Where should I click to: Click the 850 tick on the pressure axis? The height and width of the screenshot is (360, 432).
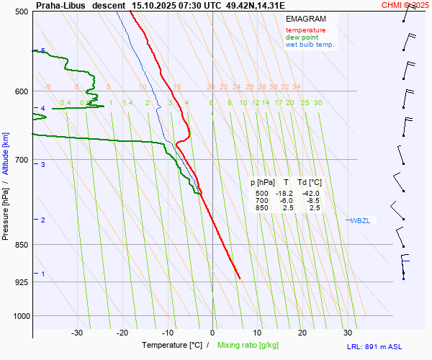(21, 245)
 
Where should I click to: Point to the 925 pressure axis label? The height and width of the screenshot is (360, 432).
(21, 282)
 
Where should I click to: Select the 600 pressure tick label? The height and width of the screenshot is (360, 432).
(21, 91)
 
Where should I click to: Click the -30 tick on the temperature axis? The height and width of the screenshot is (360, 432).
(77, 333)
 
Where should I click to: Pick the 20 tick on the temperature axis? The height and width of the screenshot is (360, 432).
(302, 333)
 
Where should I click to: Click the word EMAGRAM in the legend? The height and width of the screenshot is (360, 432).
(305, 18)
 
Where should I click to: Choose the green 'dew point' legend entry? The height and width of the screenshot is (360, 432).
(302, 37)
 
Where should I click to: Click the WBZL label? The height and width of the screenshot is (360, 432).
(360, 220)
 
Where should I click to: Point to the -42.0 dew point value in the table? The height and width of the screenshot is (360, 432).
(310, 194)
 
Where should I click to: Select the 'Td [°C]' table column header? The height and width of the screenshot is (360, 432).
(308, 183)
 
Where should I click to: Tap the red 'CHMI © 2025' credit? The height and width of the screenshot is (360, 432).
(405, 5)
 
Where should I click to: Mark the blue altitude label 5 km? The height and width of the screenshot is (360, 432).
(43, 50)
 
